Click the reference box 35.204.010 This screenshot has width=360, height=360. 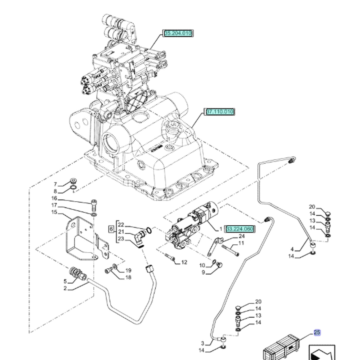tap(178, 33)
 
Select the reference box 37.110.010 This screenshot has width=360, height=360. tap(220, 112)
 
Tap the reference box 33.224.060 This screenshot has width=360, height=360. tap(240, 229)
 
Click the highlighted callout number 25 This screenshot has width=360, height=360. tap(317, 332)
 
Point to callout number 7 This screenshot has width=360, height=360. tap(55, 184)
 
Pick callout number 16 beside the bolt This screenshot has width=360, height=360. tap(54, 198)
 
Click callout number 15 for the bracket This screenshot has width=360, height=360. tap(54, 212)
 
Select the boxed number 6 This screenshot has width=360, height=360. tap(111, 229)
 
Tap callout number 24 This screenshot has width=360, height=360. tap(241, 236)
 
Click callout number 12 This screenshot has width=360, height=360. tap(184, 262)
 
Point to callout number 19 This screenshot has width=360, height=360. tap(128, 270)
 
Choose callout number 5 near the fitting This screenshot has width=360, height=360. tap(65, 281)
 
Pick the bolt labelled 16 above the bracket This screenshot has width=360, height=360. tap(94, 204)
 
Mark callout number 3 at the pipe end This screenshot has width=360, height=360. tap(203, 343)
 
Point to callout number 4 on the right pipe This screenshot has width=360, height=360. tap(292, 249)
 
